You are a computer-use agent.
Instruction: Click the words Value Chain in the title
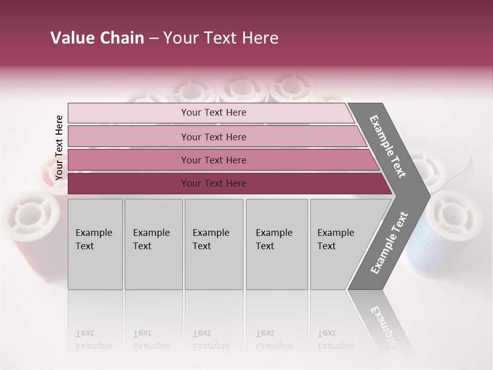(97, 38)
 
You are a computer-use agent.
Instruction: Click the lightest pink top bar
(214, 113)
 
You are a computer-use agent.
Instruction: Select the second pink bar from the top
(214, 137)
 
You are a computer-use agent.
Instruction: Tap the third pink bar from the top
(214, 160)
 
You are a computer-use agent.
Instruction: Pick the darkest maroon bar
(214, 183)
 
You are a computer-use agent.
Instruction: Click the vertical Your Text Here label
(59, 147)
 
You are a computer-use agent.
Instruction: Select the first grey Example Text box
(95, 244)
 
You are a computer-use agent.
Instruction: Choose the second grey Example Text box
(154, 244)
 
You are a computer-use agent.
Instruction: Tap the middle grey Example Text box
(214, 244)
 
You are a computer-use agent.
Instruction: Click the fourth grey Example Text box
(277, 244)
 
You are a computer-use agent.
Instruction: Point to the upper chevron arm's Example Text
(388, 146)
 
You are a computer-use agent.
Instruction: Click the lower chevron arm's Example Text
(389, 243)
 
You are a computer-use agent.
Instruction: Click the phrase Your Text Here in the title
(221, 38)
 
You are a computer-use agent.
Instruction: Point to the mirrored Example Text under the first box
(93, 340)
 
